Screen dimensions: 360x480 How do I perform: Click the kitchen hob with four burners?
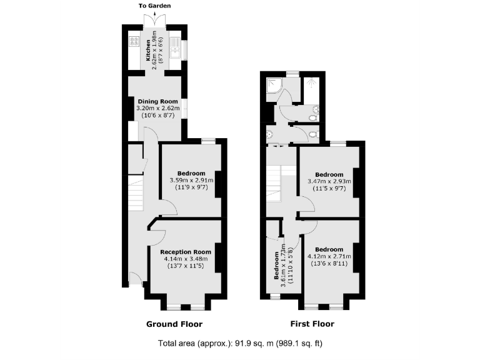(x=133, y=43)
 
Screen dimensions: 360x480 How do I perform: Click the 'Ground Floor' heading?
(x=174, y=324)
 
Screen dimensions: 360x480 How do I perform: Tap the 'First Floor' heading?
(x=312, y=324)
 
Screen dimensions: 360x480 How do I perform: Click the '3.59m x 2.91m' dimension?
(x=191, y=181)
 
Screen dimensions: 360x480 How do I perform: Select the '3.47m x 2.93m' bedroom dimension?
(x=329, y=182)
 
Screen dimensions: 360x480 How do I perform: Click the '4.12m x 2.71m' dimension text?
(x=329, y=256)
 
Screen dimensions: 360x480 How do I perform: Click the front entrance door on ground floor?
(x=133, y=279)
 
